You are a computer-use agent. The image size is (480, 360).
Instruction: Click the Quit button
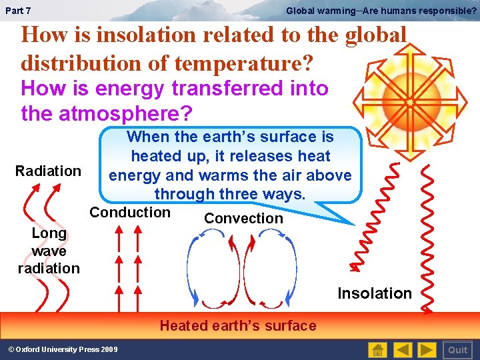click(457, 350)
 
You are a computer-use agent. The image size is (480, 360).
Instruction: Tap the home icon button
click(377, 350)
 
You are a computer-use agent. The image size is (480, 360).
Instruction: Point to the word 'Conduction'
click(130, 213)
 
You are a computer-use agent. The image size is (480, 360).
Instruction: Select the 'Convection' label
click(243, 219)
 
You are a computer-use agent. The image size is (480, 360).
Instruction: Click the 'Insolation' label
click(375, 293)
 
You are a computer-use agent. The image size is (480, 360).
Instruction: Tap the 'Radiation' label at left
click(48, 171)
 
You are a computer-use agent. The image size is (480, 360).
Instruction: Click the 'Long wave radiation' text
click(49, 251)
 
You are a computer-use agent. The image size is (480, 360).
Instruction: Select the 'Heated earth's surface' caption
click(238, 326)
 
